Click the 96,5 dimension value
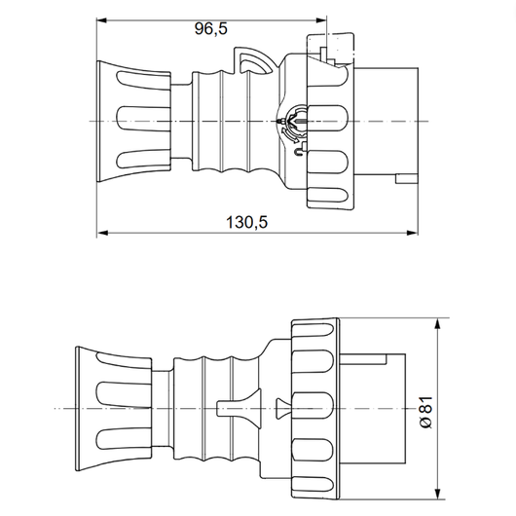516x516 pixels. coord(210,28)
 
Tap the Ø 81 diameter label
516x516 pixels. coord(425,407)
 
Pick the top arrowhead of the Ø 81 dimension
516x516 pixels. coord(440,322)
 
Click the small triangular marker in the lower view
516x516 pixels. coord(281,408)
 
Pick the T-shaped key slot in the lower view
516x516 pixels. coord(233,408)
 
